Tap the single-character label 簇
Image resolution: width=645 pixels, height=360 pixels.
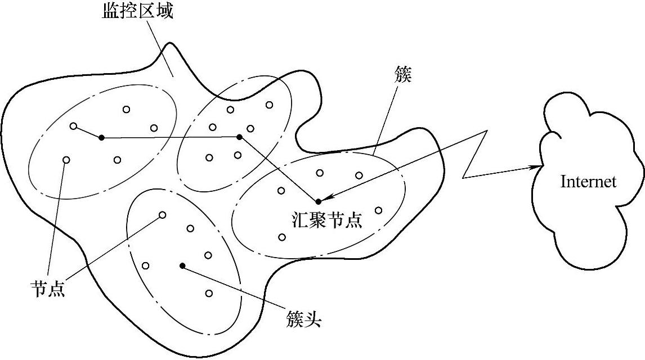pos(404,75)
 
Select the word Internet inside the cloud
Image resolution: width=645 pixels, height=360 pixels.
pos(588,182)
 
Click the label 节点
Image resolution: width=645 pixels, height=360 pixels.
pos(47,289)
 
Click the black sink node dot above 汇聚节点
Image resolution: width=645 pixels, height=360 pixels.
pos(318,201)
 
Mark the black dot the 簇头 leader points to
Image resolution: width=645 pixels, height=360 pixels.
pos(182,265)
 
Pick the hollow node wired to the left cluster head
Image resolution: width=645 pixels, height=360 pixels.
pos(73,126)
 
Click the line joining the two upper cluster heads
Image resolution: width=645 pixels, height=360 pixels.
pos(169,137)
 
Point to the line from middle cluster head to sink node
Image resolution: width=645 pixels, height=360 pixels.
pos(279,169)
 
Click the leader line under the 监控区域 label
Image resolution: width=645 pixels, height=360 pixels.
pos(162,51)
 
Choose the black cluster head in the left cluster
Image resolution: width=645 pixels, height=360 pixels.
pos(101,137)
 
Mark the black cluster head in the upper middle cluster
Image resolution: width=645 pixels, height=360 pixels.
pos(239,137)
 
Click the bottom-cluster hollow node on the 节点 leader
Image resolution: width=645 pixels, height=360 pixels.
pos(163,215)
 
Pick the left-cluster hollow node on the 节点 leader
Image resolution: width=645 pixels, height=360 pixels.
pos(66,160)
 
